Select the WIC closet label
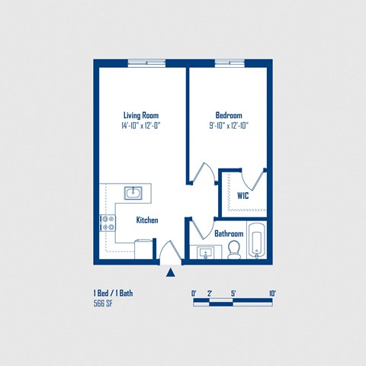point(242,195)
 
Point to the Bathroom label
point(229,233)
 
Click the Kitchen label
point(147,220)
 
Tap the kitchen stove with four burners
point(107,223)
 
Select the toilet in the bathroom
point(234,249)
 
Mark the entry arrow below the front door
point(171,271)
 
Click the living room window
point(146,63)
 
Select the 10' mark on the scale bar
point(271,293)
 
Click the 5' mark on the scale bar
point(233,293)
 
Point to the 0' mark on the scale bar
point(194,293)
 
